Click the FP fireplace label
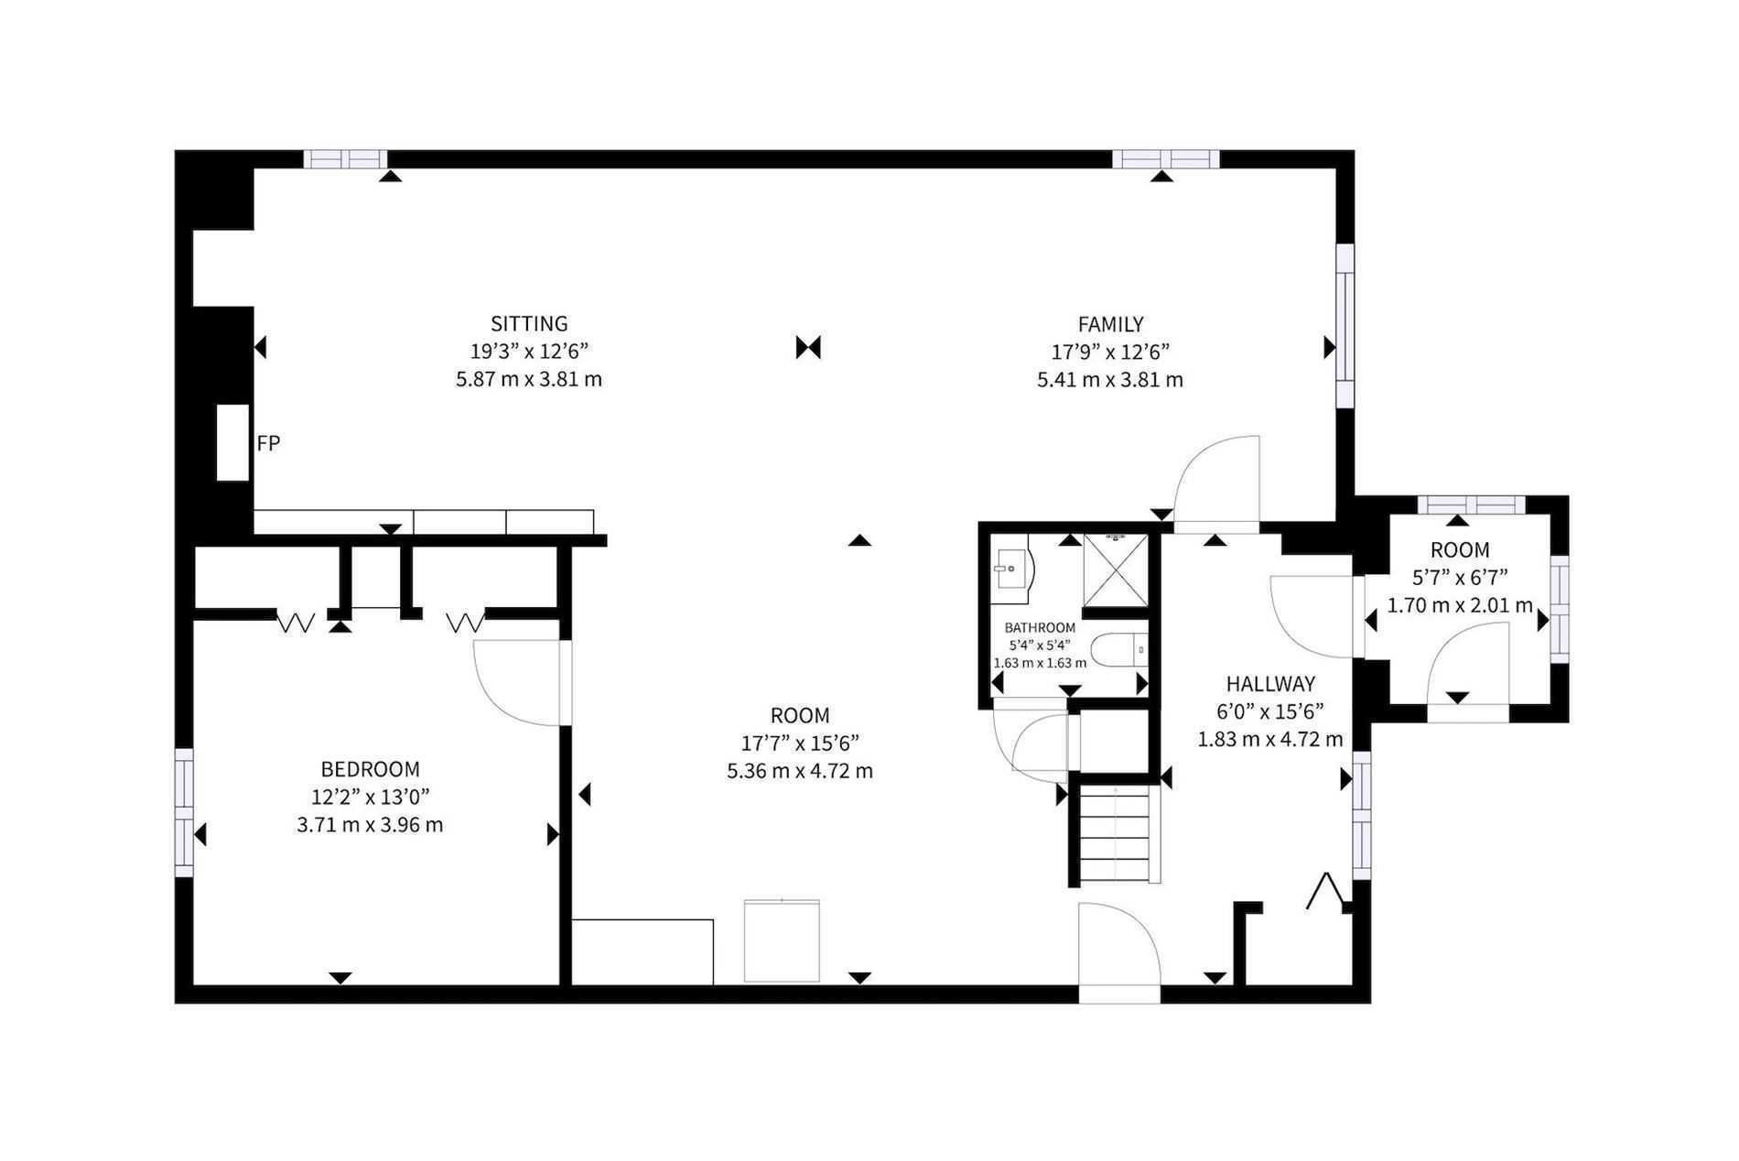(268, 444)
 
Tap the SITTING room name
(529, 324)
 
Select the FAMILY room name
(1110, 324)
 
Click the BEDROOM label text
(370, 770)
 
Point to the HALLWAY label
(1270, 684)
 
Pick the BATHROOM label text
(1040, 628)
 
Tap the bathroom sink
(1013, 570)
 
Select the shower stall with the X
(1116, 570)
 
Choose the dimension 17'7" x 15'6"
(800, 743)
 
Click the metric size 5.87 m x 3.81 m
(529, 379)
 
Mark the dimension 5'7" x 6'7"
(1460, 578)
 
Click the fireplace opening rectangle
(232, 442)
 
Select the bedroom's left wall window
(185, 813)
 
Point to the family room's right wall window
(1344, 325)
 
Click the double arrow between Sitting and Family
(808, 348)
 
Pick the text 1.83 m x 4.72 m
(1270, 739)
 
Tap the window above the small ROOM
(1472, 505)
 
